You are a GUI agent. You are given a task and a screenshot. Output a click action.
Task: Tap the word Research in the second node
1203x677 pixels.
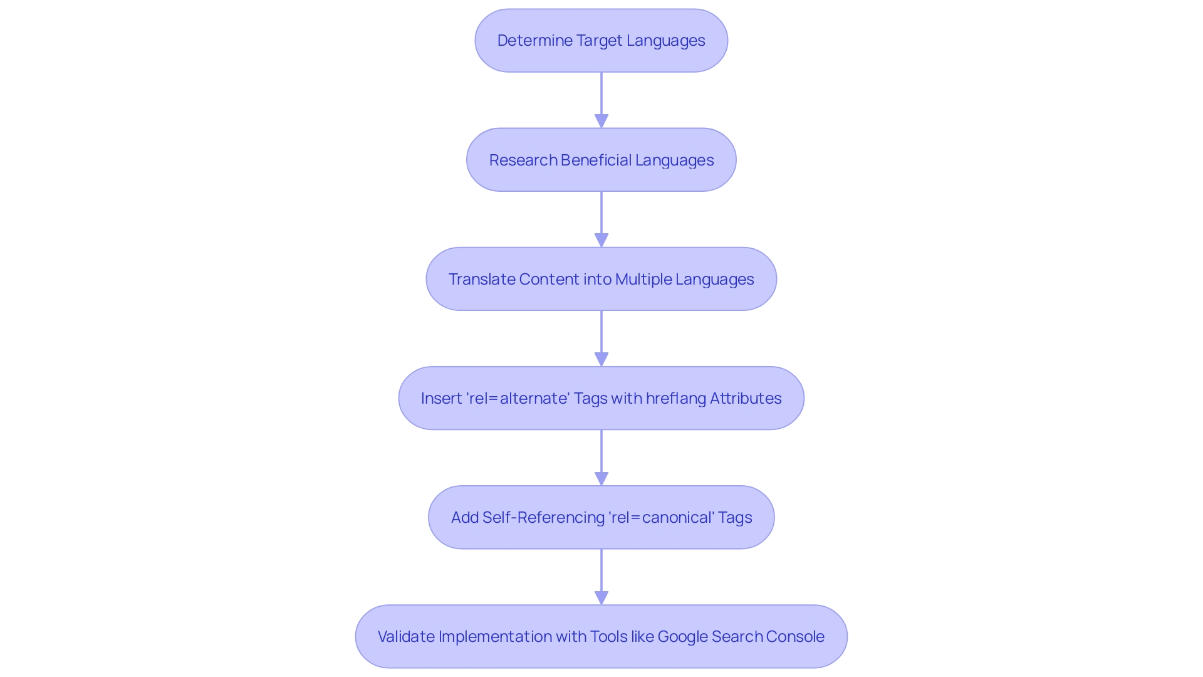523,160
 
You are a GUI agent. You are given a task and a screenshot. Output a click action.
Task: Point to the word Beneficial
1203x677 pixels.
596,160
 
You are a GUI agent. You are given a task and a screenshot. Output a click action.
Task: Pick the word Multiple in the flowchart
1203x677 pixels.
643,280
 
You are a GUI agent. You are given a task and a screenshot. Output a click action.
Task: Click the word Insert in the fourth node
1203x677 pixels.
441,399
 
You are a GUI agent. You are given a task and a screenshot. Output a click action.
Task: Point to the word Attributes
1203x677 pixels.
746,399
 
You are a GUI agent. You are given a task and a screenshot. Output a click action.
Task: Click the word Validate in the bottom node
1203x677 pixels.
406,637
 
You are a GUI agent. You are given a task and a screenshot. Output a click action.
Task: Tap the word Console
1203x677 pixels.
798,637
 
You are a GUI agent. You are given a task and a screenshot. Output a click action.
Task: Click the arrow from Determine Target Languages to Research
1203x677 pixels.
601,97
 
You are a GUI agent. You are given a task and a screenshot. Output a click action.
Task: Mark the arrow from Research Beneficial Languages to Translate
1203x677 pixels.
601,216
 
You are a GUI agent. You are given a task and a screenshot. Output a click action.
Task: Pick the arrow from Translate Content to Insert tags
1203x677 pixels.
601,335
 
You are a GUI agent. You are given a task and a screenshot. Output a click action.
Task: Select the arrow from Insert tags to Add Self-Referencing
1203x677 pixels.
601,454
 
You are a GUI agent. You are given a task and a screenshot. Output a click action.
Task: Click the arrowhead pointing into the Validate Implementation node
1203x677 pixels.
601,597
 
